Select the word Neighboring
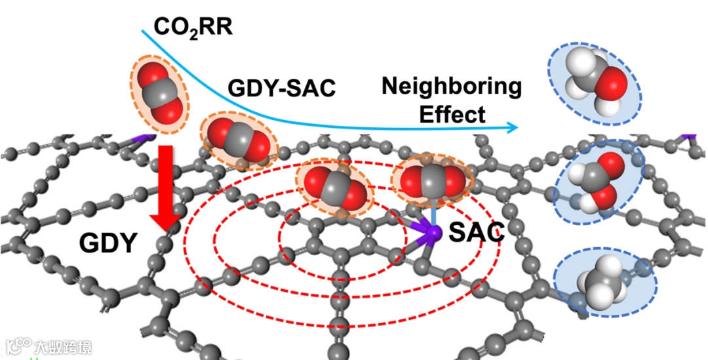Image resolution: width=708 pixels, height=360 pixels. point(452,85)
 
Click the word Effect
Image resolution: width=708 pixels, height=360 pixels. point(452,114)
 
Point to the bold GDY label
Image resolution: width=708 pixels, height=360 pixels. point(108,243)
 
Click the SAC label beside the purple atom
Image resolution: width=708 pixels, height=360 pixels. point(476,232)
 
